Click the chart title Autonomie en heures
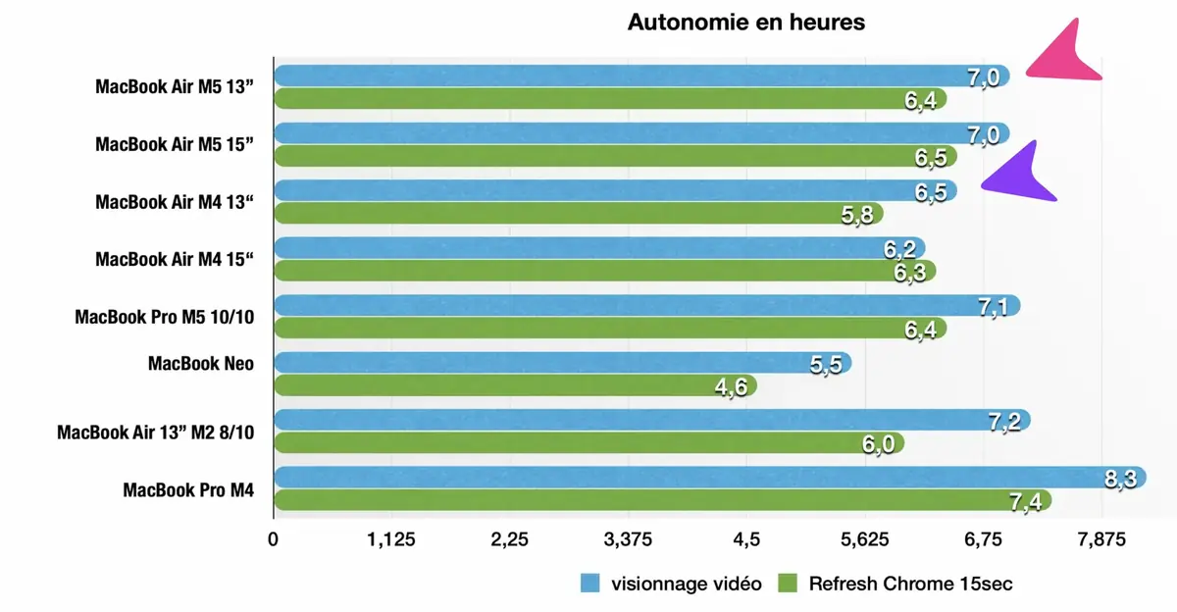point(746,22)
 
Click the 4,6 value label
point(731,387)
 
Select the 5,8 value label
point(856,215)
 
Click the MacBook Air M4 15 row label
point(175,260)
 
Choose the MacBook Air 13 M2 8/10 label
point(155,432)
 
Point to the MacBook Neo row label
point(200,364)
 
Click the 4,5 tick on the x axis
point(746,538)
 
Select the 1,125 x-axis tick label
point(391,538)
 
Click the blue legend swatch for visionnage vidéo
point(589,584)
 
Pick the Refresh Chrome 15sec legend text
point(910,584)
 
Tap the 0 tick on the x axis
point(274,538)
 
